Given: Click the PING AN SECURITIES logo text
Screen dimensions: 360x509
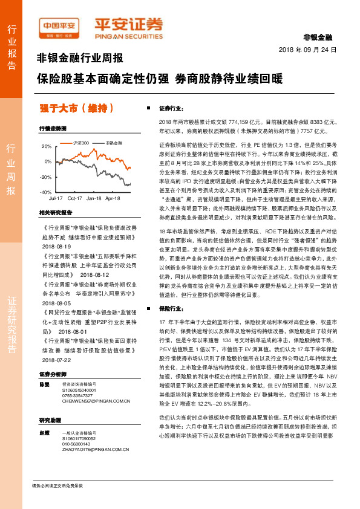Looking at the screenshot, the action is coord(129,36).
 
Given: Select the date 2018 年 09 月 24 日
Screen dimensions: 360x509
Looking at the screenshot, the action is coord(307,49).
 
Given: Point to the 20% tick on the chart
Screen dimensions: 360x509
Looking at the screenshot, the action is coord(47,146).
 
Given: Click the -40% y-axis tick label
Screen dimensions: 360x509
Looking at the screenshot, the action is coord(45,192).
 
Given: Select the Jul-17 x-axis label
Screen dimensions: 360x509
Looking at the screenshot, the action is coord(56,198).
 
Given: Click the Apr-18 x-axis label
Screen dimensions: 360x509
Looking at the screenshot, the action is coord(113,198).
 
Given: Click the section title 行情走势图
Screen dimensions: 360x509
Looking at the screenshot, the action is coord(53,129).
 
